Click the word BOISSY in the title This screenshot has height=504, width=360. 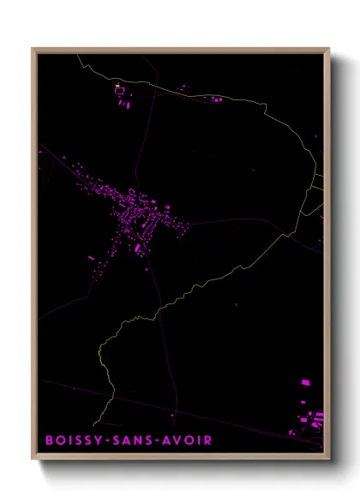tap(73, 441)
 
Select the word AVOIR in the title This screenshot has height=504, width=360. tap(185, 441)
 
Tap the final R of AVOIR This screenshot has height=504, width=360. tap(208, 441)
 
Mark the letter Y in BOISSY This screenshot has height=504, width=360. tap(96, 441)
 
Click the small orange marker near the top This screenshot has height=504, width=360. tap(117, 86)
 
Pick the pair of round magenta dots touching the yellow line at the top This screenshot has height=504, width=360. tap(181, 87)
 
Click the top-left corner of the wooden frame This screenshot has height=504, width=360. tap(33, 50)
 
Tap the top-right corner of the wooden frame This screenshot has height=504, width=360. tap(328, 50)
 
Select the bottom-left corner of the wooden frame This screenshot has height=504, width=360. tap(33, 455)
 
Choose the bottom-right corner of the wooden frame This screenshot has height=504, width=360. tap(328, 455)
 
